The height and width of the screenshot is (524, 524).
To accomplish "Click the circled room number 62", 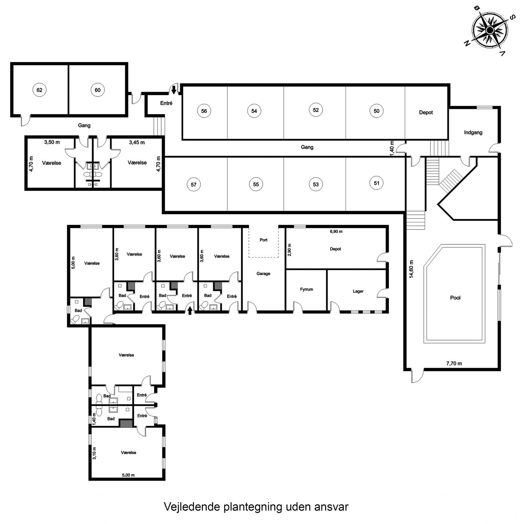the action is [39, 90].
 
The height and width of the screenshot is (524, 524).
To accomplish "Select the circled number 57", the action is [194, 185].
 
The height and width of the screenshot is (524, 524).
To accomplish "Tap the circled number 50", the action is [377, 111].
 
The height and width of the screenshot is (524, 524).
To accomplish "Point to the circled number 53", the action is [316, 185].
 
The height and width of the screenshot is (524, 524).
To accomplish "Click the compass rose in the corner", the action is [490, 30].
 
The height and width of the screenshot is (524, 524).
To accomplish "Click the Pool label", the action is [455, 298].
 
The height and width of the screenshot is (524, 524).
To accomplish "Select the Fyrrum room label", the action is [307, 289].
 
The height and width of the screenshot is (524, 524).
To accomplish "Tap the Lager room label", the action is [358, 291].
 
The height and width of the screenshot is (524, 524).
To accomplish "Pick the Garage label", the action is [263, 274].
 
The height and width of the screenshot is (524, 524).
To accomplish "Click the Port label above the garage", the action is [263, 240].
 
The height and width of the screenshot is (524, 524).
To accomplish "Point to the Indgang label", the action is [473, 132].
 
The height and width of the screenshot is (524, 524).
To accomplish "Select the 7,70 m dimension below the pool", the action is [454, 363].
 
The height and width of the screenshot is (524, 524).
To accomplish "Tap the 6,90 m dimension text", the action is [336, 231].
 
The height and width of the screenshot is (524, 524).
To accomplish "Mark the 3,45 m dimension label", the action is [137, 142].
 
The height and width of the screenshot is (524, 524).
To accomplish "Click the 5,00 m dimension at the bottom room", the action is [128, 475].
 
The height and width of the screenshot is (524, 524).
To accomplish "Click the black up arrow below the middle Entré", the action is [190, 311].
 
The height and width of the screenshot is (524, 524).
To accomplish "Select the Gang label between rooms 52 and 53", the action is [307, 147].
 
